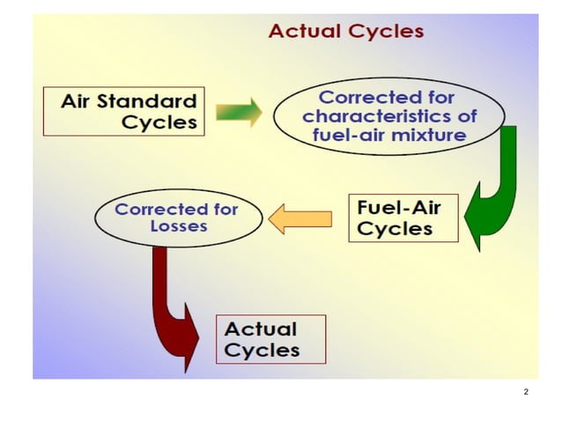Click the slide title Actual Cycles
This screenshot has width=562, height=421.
point(345,32)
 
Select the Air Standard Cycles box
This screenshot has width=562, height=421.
point(123,111)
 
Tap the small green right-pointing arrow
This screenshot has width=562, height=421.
point(240,112)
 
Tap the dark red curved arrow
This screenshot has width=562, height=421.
point(175,304)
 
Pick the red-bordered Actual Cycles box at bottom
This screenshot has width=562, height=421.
point(270,339)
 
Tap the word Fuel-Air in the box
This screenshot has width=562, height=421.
point(399,209)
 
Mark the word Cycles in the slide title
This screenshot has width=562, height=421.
point(386,32)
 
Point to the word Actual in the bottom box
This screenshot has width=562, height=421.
point(261,329)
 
